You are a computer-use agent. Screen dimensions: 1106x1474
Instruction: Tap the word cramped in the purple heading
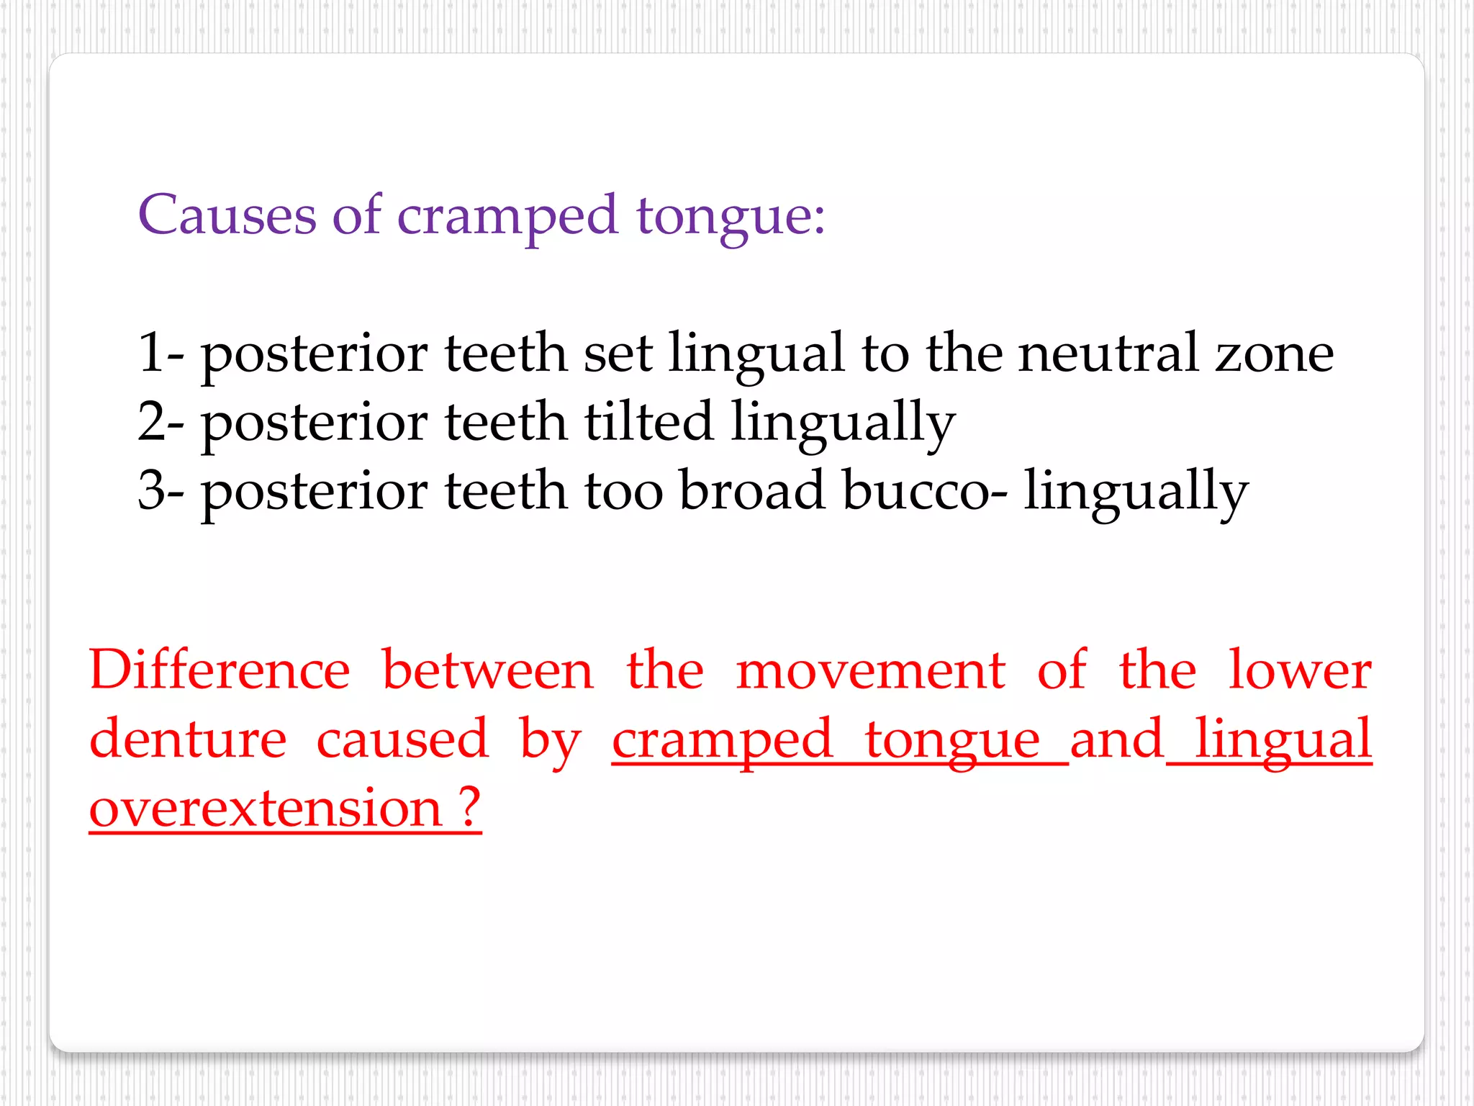click(507, 216)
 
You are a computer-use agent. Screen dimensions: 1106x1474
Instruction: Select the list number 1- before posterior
click(160, 353)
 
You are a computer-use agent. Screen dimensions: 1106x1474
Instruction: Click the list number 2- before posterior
click(160, 421)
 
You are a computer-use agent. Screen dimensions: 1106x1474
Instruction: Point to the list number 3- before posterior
click(160, 490)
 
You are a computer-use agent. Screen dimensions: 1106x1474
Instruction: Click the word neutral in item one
click(1108, 353)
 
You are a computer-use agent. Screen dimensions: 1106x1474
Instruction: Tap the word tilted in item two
click(648, 421)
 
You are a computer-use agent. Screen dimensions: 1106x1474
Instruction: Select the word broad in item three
click(751, 490)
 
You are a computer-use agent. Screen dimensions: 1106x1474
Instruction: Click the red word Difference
click(220, 670)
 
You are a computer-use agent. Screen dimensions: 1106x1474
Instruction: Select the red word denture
click(188, 739)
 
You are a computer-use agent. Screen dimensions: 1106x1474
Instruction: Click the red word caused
click(403, 740)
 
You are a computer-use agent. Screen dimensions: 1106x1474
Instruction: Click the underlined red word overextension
click(265, 809)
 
